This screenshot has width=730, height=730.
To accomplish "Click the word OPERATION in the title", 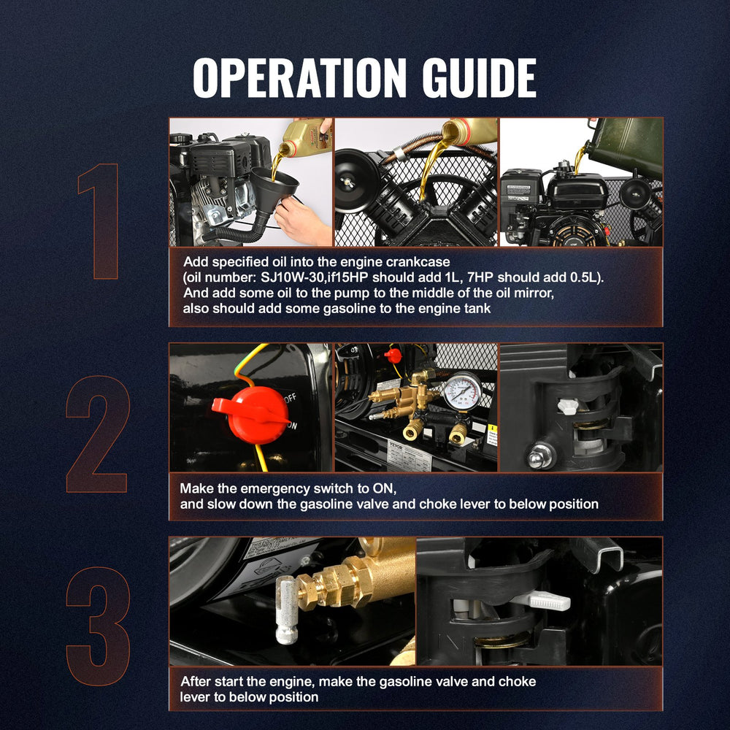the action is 299,78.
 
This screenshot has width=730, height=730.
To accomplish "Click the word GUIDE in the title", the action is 479,78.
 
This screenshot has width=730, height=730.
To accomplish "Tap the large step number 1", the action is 99,221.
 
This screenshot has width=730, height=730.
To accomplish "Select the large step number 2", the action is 97,434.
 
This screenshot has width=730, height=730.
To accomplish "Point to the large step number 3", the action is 99,626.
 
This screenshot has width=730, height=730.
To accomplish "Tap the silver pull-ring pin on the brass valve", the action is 287,609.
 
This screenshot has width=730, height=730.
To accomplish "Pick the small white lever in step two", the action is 568,406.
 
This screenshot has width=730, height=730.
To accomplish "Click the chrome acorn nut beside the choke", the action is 540,456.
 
